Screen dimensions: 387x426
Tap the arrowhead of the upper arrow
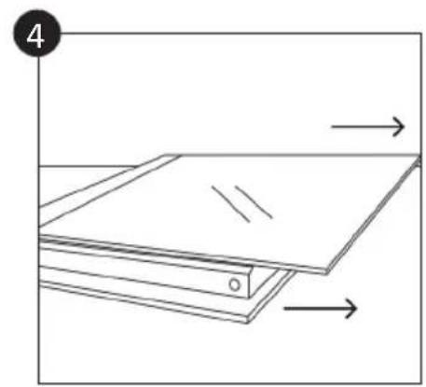[x=402, y=125]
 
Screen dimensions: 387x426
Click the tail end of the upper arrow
[x=333, y=125]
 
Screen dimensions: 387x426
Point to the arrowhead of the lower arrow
[x=354, y=308]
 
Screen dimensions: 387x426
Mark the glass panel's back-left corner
[x=168, y=155]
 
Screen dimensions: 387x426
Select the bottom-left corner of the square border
[x=39, y=381]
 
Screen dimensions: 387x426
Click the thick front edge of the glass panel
[x=186, y=252]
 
